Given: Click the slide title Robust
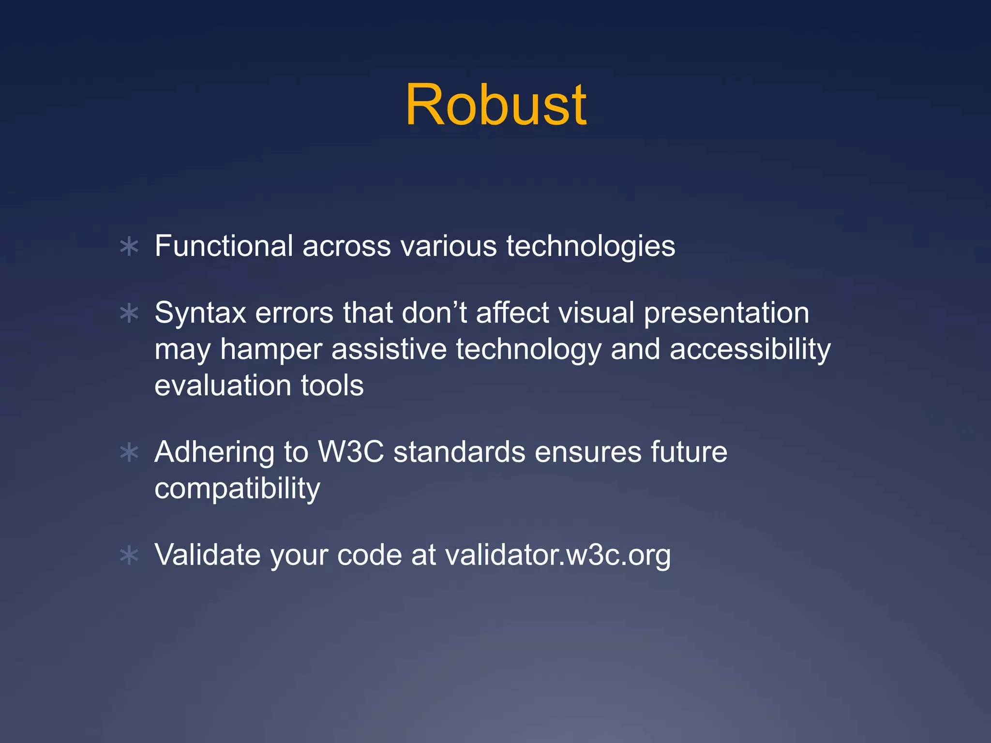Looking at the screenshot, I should tap(495, 105).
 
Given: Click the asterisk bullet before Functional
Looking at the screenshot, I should tap(129, 247).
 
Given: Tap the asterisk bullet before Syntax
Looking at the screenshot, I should tap(129, 313).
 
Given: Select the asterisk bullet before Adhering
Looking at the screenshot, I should tap(129, 453).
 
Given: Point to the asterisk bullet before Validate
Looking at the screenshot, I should tap(129, 555).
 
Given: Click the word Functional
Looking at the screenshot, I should tap(224, 246).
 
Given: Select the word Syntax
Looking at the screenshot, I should tap(200, 313).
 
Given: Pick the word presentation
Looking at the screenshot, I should tap(726, 313).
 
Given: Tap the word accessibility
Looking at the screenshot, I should tap(750, 350).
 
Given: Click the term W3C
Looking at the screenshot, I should tap(351, 452).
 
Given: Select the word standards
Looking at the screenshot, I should tap(459, 452).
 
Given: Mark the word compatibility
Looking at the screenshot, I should tap(237, 489).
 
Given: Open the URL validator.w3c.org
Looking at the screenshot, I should tap(557, 554).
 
